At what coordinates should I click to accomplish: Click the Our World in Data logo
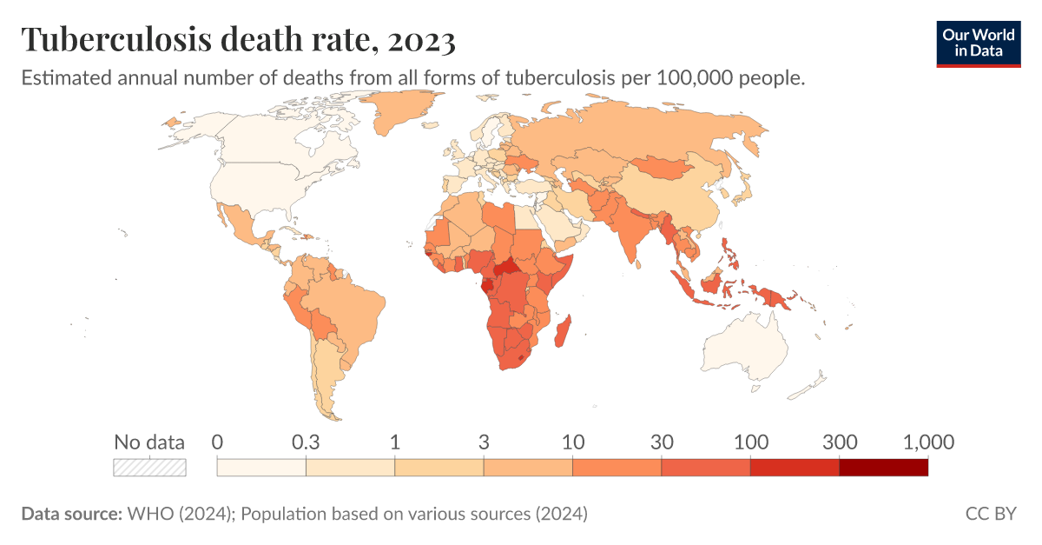click(x=978, y=43)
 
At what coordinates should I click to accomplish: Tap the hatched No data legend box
click(x=150, y=467)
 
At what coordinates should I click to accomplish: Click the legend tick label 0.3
click(x=306, y=442)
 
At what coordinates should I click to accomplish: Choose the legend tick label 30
click(x=662, y=442)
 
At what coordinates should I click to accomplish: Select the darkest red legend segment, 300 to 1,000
click(x=883, y=467)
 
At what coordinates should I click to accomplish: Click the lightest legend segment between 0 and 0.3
click(x=260, y=467)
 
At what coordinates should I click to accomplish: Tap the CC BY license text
click(x=990, y=514)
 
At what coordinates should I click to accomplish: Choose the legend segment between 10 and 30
click(x=617, y=467)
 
